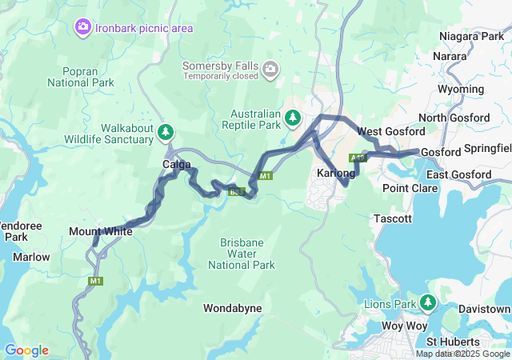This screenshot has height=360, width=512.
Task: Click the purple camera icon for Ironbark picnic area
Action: click(x=82, y=28)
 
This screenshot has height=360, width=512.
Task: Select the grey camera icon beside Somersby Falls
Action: click(x=270, y=70)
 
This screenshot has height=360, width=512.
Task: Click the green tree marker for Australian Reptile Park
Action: click(x=293, y=119)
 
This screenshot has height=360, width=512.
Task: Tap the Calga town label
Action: click(x=177, y=165)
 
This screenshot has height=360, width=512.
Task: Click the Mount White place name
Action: click(x=101, y=232)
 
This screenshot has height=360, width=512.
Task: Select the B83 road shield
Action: click(x=237, y=192)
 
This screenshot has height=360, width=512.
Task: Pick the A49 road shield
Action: click(x=358, y=158)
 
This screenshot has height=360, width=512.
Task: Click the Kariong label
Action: click(x=335, y=174)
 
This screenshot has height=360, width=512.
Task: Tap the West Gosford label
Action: click(x=390, y=131)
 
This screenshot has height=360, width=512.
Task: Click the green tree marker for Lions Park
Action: click(x=428, y=302)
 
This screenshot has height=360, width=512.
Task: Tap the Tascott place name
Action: click(x=393, y=218)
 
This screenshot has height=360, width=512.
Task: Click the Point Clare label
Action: click(x=410, y=188)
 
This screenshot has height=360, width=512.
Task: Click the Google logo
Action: click(x=26, y=350)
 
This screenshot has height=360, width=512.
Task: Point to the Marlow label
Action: click(x=31, y=257)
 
